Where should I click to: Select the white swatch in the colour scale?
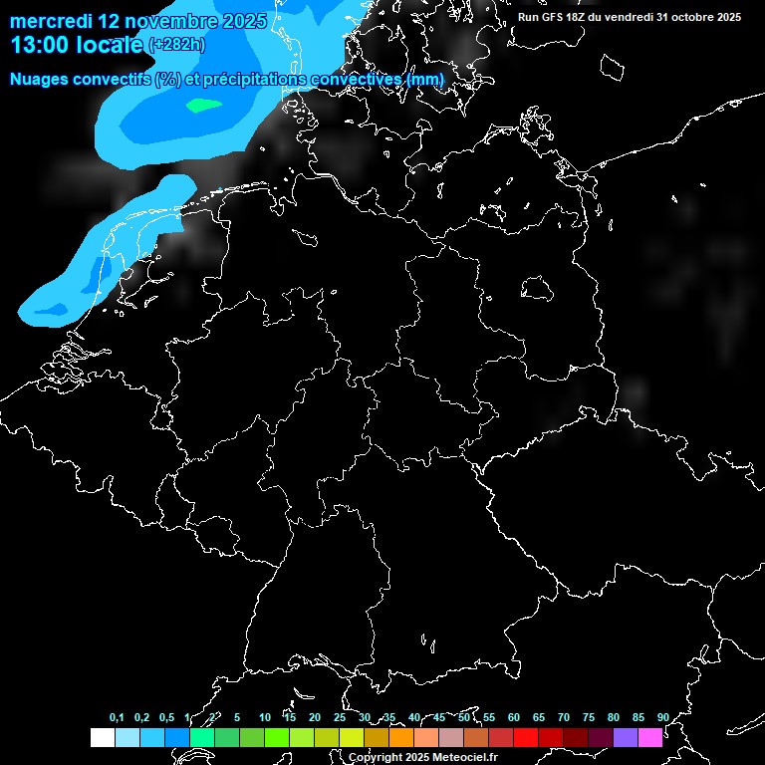[103, 738]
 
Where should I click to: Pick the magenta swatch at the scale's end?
[650, 738]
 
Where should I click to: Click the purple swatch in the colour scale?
[626, 738]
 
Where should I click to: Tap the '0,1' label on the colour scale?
[117, 717]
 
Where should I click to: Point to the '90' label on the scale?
[662, 717]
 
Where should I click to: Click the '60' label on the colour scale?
[514, 717]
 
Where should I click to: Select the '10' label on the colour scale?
[265, 717]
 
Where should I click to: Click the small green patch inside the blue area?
[203, 104]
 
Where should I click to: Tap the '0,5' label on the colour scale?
[166, 717]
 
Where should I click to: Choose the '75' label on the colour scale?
[589, 717]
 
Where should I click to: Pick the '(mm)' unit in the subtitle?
[425, 79]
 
